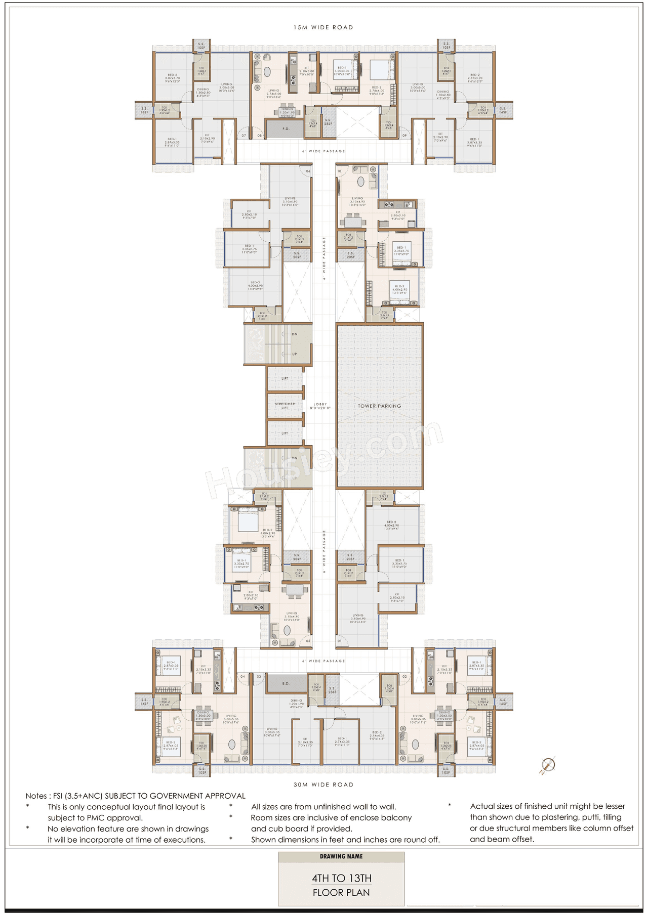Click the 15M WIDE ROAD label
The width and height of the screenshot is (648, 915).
click(x=323, y=27)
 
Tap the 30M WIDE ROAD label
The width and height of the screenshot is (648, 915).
click(x=323, y=785)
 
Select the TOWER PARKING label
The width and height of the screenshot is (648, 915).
click(x=379, y=406)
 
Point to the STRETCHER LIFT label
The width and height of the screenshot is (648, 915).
click(x=285, y=406)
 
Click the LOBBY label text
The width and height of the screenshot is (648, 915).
click(x=320, y=406)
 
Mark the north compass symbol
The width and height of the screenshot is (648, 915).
click(x=548, y=764)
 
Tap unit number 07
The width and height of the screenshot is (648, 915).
click(x=244, y=136)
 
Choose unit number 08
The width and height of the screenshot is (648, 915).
click(x=259, y=136)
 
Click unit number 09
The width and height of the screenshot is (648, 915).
click(x=404, y=136)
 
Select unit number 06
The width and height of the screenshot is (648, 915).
click(x=308, y=171)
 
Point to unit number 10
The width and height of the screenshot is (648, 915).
click(x=339, y=171)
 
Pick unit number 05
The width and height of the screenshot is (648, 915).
click(x=308, y=641)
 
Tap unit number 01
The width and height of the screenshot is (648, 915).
click(x=339, y=641)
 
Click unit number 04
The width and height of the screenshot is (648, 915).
click(x=242, y=676)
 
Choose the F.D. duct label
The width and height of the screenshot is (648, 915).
click(x=286, y=128)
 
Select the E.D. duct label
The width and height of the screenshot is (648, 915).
click(x=286, y=683)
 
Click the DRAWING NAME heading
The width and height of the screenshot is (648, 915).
click(x=341, y=856)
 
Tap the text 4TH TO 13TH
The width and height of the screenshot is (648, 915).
click(x=341, y=878)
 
